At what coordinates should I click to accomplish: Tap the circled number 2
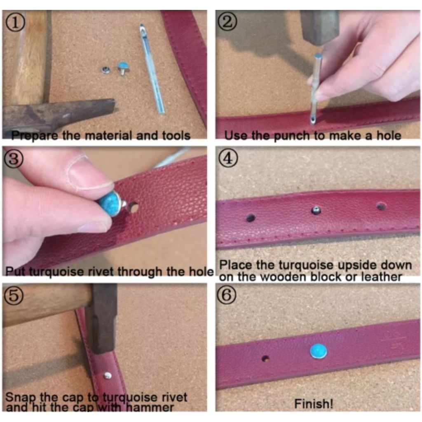tap(227, 22)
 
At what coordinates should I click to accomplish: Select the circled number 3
tap(14, 159)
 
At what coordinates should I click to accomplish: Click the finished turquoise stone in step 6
tap(319, 351)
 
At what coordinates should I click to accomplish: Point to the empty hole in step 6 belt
tap(266, 359)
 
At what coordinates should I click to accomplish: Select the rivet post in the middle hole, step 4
tap(316, 210)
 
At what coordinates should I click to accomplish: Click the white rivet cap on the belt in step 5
tap(108, 375)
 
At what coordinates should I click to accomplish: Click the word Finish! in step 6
tap(314, 404)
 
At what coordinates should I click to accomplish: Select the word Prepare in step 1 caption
tap(35, 136)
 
